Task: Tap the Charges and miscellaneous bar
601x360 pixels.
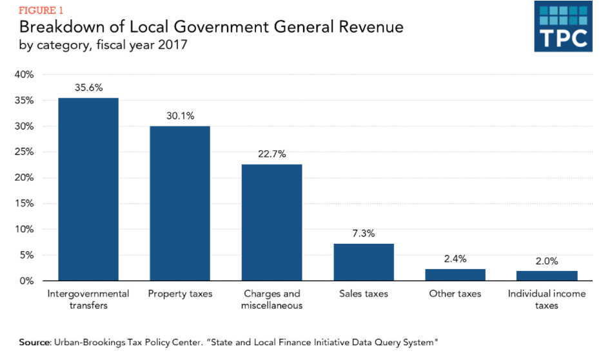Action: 271,223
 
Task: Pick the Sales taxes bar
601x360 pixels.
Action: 364,262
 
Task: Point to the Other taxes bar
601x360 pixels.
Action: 455,275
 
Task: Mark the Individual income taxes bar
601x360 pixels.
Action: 547,276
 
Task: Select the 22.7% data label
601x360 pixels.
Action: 271,155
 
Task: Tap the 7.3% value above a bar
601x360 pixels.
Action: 364,234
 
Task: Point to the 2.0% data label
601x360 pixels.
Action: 547,261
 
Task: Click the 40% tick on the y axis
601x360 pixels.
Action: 24,75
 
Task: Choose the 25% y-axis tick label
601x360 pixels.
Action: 24,152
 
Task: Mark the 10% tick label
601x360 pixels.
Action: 24,230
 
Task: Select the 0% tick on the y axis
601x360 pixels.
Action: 26,281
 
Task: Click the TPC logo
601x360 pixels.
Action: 563,27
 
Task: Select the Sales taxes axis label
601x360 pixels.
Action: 364,294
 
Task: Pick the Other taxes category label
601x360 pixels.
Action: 455,294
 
